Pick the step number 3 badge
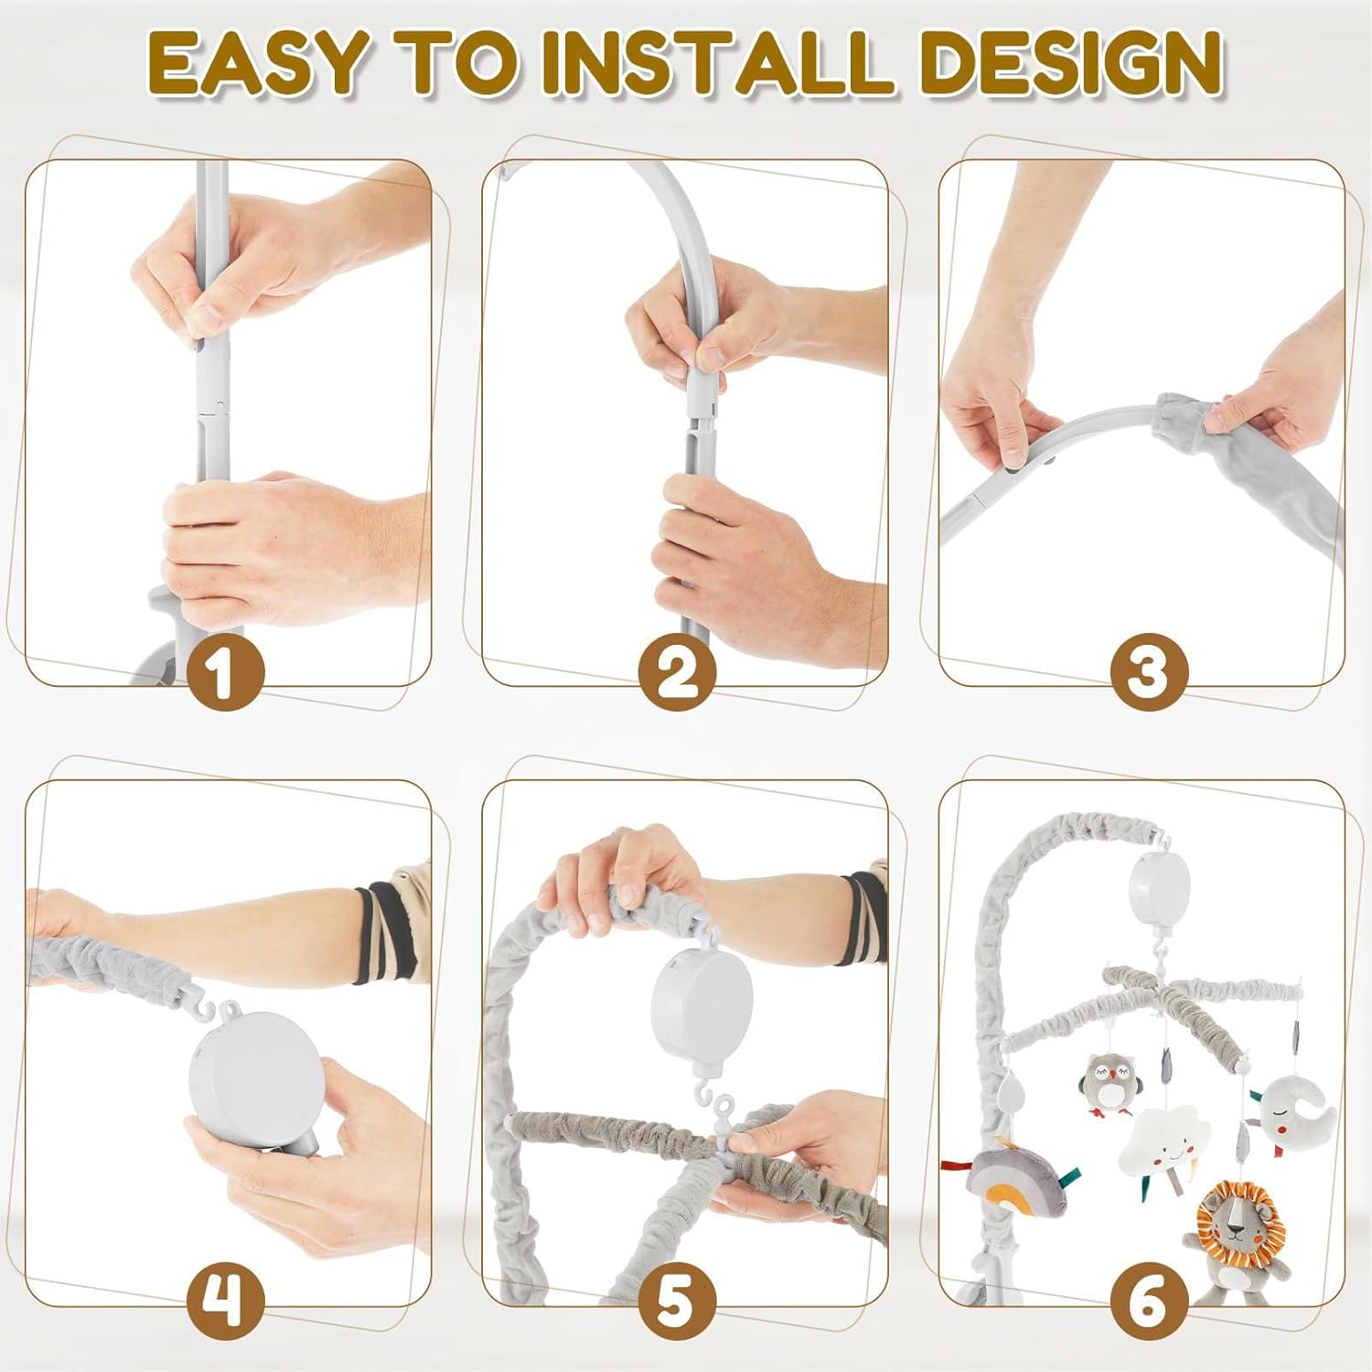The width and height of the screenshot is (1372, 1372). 1149,670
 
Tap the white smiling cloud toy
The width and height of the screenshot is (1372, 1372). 1163,1138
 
